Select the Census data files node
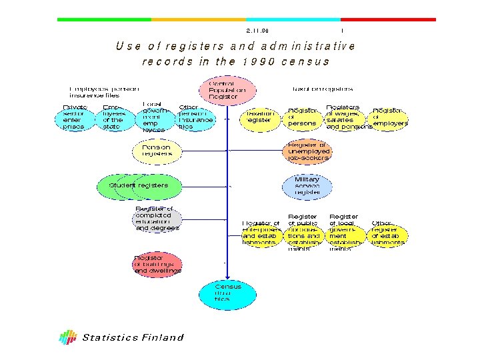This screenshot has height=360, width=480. pos(228,293)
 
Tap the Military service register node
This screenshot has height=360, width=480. pos(307,185)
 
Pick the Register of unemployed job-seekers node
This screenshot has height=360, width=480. pos(307,151)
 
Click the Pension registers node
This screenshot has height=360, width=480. pos(157,151)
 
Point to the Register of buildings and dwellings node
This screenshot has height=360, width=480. pos(157,264)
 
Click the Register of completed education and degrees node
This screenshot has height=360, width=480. pos(157,219)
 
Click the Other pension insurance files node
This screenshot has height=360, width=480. pos(195,118)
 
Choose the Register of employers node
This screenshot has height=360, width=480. pos(389,117)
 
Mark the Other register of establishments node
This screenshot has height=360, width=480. pos(388,232)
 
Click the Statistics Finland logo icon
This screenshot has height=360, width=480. pos(67,337)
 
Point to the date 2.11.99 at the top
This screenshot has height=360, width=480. pos(258,31)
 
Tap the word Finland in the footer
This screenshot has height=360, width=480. pos(162,337)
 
